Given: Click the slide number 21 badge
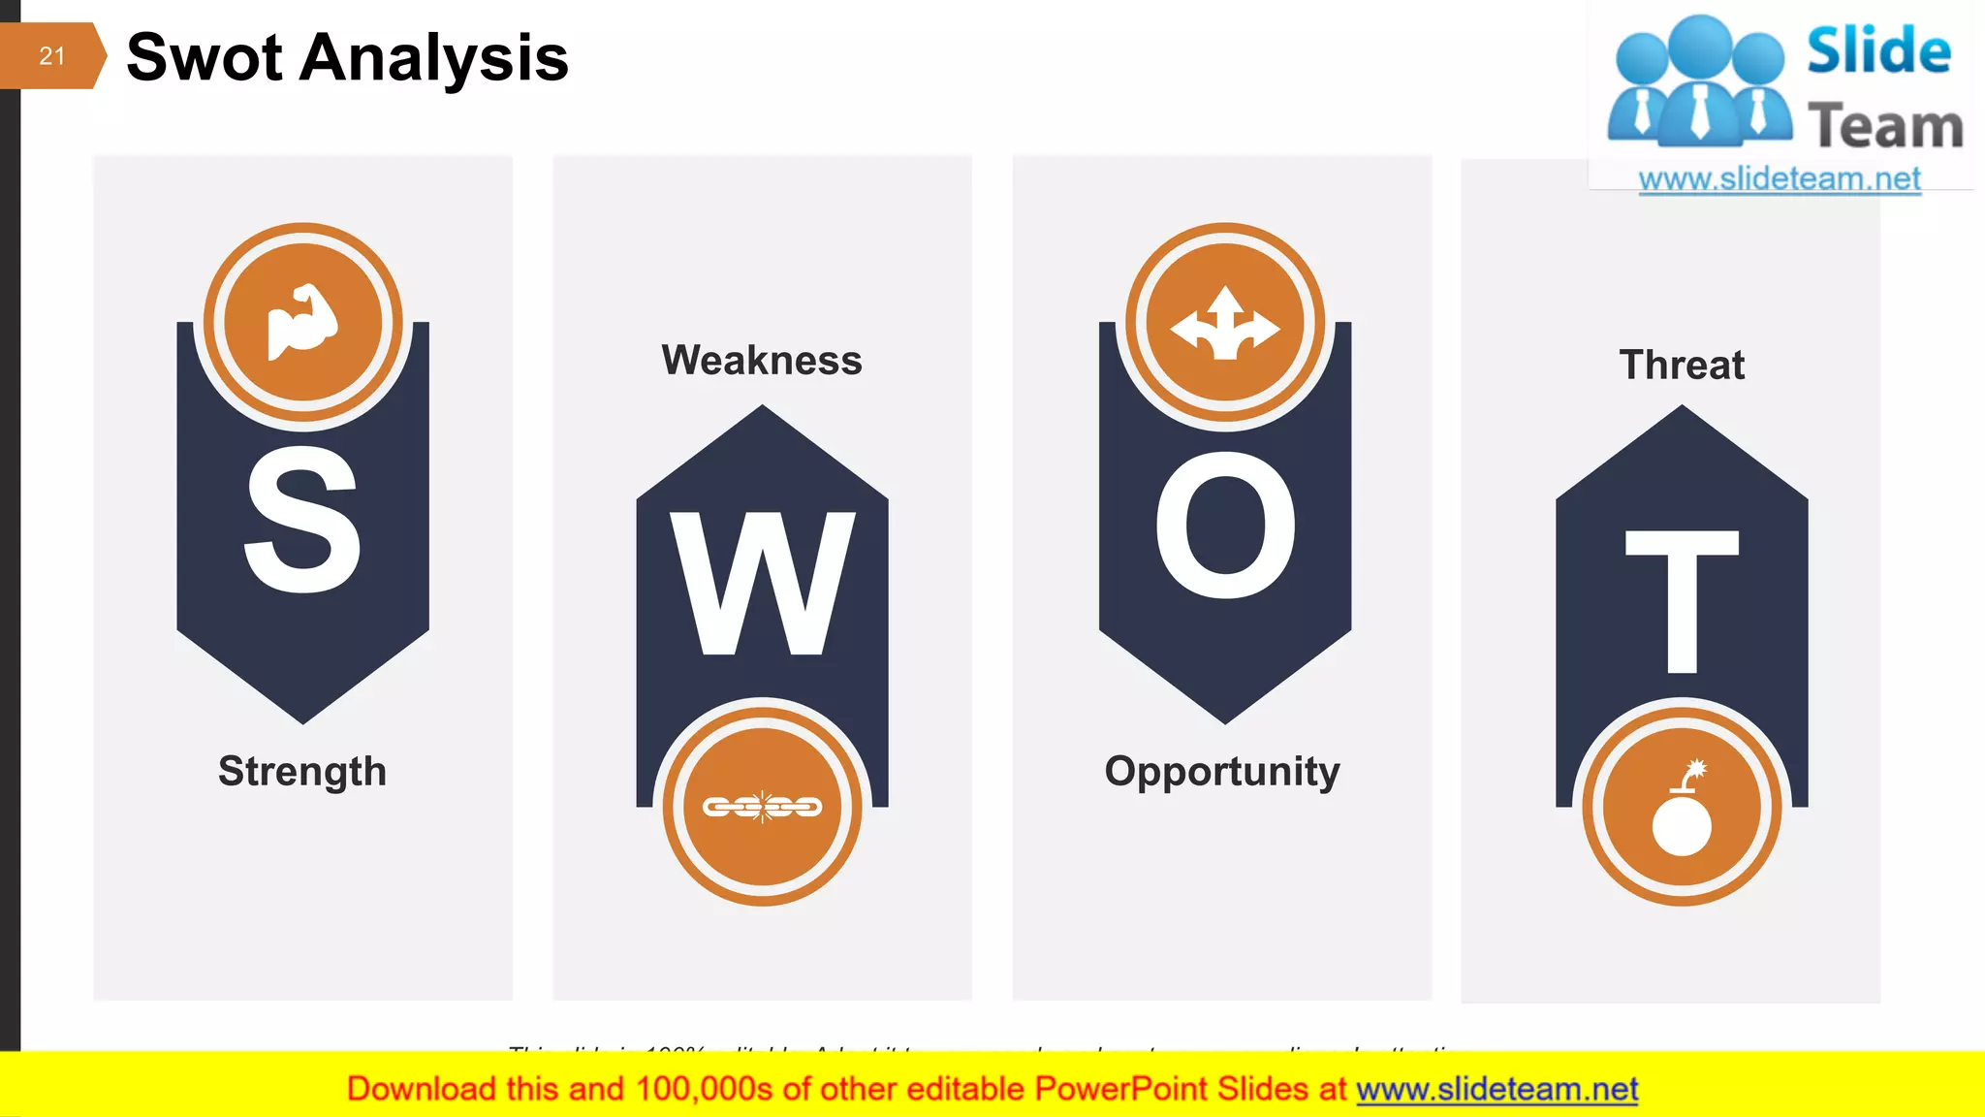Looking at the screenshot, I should (x=51, y=56).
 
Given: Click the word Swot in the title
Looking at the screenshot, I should (x=204, y=57).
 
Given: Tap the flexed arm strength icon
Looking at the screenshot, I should (x=302, y=322).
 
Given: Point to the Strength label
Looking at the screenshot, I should (x=302, y=771).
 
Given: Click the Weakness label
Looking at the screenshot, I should (x=762, y=361).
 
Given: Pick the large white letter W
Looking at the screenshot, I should (x=763, y=584).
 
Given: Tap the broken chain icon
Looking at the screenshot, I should (x=763, y=806).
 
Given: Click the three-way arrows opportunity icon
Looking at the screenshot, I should (x=1225, y=323).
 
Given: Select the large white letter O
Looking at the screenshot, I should (x=1225, y=525).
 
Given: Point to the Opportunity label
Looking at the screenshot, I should (x=1222, y=772).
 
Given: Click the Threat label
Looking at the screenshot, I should (x=1682, y=366).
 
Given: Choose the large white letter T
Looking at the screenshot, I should (x=1682, y=601).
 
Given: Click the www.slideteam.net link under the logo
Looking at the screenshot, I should (x=1780, y=179).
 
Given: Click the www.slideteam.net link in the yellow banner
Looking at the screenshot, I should (x=1497, y=1089).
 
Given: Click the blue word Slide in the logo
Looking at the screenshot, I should (x=1878, y=50).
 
